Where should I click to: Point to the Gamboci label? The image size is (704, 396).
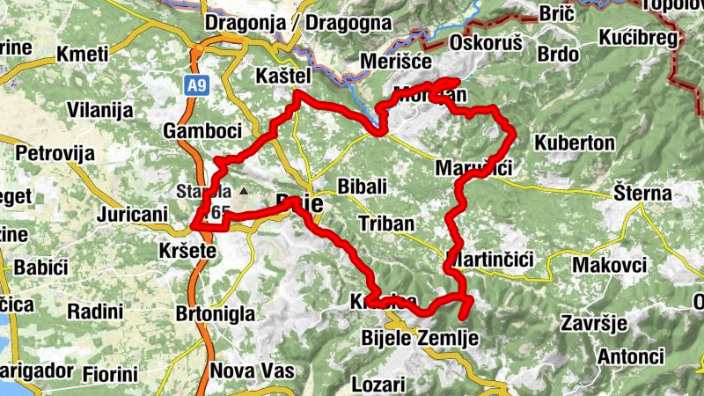point(202,131)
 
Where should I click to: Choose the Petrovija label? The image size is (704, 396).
point(55,153)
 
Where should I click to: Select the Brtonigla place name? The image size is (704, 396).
point(216,313)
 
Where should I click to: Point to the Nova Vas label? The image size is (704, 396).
point(252,370)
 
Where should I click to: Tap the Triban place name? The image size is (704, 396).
point(386,224)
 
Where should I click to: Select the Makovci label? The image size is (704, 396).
point(610,265)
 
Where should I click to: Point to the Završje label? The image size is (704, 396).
point(594,323)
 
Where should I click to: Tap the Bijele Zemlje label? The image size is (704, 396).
point(420,337)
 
